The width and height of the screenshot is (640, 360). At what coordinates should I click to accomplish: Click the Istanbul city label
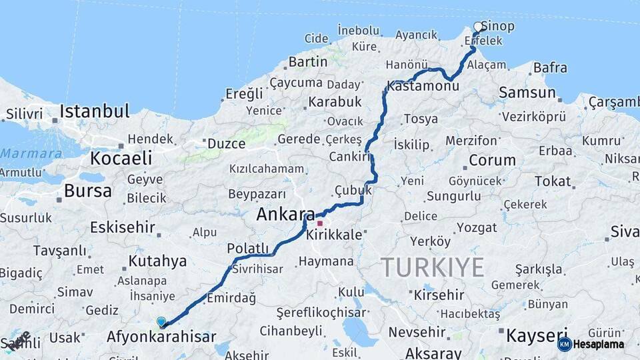point(94,111)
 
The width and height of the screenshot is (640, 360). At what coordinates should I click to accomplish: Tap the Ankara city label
point(285,215)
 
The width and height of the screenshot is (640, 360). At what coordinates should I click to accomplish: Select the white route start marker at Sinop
point(478,27)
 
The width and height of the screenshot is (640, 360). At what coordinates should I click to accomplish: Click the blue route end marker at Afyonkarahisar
point(161,322)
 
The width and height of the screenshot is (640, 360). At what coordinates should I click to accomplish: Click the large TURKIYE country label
point(433,267)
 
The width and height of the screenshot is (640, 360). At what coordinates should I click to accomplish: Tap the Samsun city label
point(527,93)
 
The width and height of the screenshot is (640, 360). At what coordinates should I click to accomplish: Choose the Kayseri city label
point(537,334)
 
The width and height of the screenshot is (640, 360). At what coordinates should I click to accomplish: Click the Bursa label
point(88,191)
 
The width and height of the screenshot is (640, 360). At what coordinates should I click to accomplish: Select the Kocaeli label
point(121,159)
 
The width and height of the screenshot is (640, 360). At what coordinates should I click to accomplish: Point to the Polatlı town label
point(247,249)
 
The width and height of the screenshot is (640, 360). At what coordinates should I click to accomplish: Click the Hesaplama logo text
point(599,344)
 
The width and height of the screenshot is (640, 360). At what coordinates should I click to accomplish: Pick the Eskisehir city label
point(123,227)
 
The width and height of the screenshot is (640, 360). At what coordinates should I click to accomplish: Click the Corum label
point(492,160)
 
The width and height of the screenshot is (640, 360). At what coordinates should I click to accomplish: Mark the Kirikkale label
point(334,235)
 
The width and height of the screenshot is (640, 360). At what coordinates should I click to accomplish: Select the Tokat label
point(553,181)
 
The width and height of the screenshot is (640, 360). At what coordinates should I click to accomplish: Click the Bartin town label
point(307,62)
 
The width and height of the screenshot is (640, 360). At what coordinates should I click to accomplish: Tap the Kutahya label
point(157,261)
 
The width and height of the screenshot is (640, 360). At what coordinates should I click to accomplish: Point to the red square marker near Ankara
point(320,223)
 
